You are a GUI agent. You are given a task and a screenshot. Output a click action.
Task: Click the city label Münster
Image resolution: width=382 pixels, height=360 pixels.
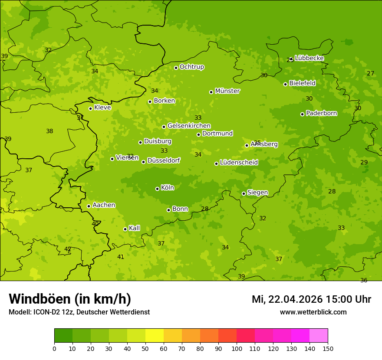[227, 91]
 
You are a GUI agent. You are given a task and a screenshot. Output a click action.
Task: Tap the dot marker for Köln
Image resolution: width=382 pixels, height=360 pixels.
[157, 189]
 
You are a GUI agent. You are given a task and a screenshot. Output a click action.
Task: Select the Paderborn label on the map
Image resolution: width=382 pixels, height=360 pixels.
[322, 113]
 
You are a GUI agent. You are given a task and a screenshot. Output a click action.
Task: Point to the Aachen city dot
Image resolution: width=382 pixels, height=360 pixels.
[89, 206]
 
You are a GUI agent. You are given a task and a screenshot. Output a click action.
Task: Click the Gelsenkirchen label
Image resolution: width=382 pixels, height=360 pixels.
[189, 126]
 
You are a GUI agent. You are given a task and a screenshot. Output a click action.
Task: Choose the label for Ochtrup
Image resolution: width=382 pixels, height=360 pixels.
[192, 67]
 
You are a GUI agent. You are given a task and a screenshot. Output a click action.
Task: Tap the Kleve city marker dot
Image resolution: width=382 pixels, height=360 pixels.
[90, 108]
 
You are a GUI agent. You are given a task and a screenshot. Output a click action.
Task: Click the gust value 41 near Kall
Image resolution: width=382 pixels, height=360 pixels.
[121, 257]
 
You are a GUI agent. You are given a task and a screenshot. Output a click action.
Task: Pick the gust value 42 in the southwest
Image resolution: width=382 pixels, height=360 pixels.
[68, 249]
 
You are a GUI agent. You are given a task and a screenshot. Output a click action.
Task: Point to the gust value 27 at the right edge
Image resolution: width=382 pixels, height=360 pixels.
[370, 73]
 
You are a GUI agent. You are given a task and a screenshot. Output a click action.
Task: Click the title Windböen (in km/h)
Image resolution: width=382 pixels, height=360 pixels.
[70, 299]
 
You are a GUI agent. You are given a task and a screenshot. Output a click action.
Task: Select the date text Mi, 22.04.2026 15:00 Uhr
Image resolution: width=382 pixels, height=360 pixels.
[311, 299]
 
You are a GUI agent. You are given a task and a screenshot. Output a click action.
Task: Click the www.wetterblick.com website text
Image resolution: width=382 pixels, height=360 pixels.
[313, 312]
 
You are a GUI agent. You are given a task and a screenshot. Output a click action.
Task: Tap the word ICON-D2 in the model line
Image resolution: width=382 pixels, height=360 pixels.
[45, 312]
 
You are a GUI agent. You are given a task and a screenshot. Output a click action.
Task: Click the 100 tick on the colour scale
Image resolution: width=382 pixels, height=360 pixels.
[237, 348]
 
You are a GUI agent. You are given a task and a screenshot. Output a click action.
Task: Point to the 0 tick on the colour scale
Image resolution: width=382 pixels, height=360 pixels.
[54, 348]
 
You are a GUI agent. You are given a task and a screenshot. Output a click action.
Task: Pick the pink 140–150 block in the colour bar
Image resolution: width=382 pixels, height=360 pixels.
[319, 335]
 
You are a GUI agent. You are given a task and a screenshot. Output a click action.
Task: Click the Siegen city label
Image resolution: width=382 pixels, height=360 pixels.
[257, 193]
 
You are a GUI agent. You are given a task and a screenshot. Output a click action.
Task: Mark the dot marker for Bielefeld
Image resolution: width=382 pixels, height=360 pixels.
[285, 84]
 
